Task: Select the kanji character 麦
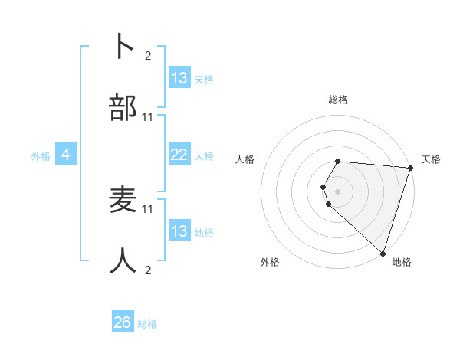pyautogui.click(x=123, y=199)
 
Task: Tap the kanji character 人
pyautogui.click(x=123, y=261)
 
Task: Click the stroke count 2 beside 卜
pyautogui.click(x=147, y=55)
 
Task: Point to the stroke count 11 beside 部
pyautogui.click(x=148, y=117)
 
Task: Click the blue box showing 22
pyautogui.click(x=179, y=155)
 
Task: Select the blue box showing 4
pyautogui.click(x=66, y=155)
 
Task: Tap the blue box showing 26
pyautogui.click(x=123, y=322)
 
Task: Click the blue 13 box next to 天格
pyautogui.click(x=179, y=78)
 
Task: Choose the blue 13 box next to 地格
pyautogui.click(x=179, y=231)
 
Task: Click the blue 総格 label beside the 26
pyautogui.click(x=147, y=324)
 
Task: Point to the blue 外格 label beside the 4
pyautogui.click(x=41, y=156)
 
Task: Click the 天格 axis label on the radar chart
pyautogui.click(x=431, y=159)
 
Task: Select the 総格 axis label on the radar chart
pyautogui.click(x=337, y=100)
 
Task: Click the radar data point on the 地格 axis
pyautogui.click(x=383, y=253)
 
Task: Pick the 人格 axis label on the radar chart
pyautogui.click(x=245, y=159)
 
